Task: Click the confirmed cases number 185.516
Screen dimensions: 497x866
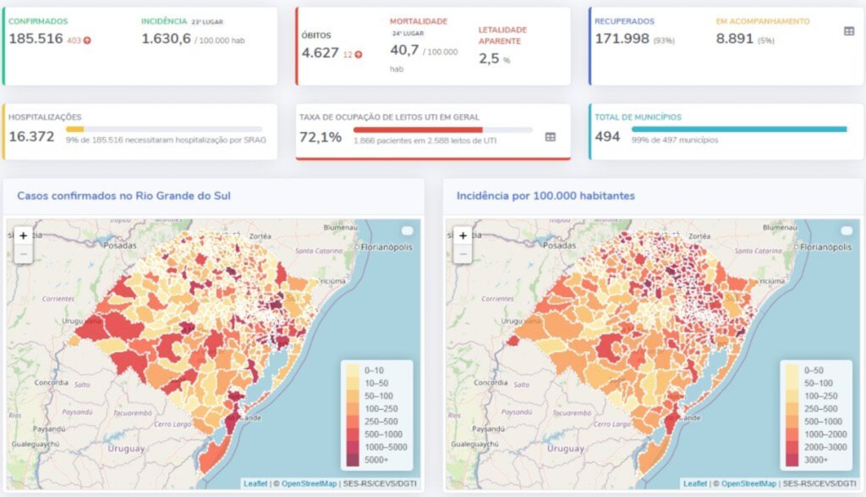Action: [36, 39]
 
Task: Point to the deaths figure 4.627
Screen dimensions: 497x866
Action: [321, 52]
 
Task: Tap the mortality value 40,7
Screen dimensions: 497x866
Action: [404, 51]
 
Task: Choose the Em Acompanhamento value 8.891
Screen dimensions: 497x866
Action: [734, 39]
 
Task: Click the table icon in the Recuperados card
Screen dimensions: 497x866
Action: [849, 31]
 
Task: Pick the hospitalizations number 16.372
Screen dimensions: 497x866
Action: [31, 136]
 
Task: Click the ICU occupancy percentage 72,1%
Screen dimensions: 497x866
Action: [321, 136]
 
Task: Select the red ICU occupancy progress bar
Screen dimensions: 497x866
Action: [418, 130]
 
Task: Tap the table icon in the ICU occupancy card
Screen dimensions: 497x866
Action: [551, 136]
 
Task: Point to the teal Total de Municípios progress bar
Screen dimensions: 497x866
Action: [738, 130]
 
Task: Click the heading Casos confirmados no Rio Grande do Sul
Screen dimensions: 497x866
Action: [124, 196]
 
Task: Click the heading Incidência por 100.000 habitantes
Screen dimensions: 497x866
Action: [545, 196]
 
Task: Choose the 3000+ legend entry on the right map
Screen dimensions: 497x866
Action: [815, 460]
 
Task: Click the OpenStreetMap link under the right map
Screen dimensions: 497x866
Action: [748, 483]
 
